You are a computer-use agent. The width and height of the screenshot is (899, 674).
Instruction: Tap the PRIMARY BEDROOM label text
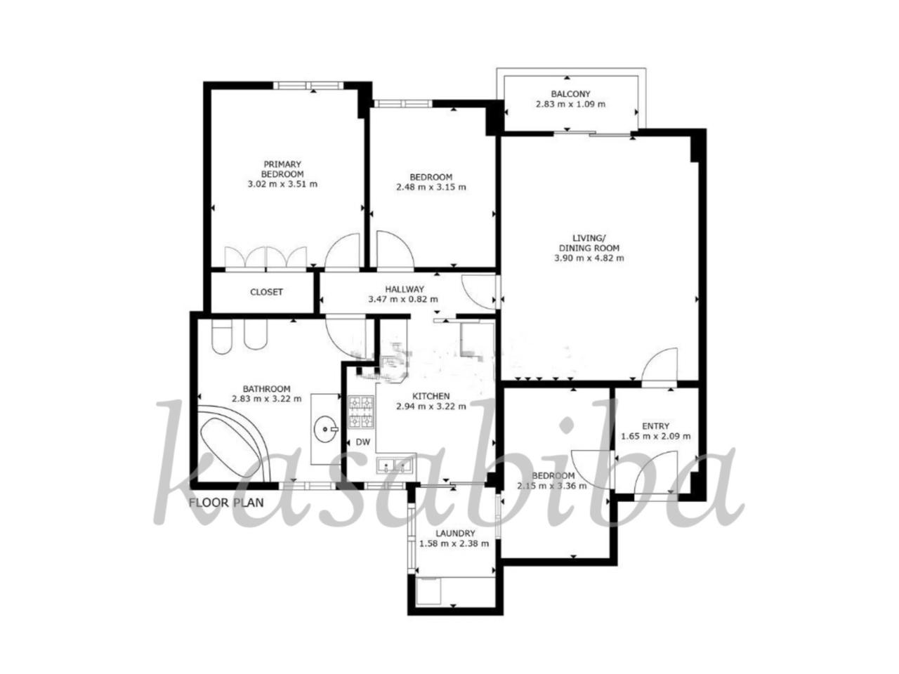pos(282,169)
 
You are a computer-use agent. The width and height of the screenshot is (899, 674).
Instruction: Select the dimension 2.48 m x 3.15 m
pos(431,187)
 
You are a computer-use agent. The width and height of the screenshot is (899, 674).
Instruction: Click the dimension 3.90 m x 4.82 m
pos(589,258)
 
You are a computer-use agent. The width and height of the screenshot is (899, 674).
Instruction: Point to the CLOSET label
pos(266,292)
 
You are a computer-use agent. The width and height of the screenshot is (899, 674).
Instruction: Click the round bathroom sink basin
pos(326,429)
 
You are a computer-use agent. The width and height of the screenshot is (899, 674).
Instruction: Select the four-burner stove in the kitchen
pos(361,412)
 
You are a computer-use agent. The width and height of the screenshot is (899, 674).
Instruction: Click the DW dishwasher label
pos(363,442)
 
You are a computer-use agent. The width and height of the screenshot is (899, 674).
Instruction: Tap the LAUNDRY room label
pos(455,533)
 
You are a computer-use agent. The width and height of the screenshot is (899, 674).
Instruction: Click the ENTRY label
pos(656,426)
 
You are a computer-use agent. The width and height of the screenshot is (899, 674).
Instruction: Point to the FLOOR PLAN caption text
pos(226,503)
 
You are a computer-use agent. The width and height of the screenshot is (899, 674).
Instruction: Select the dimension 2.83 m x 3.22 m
pos(267,398)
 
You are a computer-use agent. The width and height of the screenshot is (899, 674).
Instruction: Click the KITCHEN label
pos(431,396)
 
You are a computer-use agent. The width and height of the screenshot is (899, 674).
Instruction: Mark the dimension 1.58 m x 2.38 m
pos(454,543)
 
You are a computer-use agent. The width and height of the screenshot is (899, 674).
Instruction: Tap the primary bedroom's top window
pos(308,85)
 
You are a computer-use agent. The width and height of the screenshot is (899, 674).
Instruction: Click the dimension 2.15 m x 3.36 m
pos(552,486)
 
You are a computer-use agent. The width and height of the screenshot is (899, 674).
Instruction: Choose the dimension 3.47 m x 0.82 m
pos(403,299)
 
